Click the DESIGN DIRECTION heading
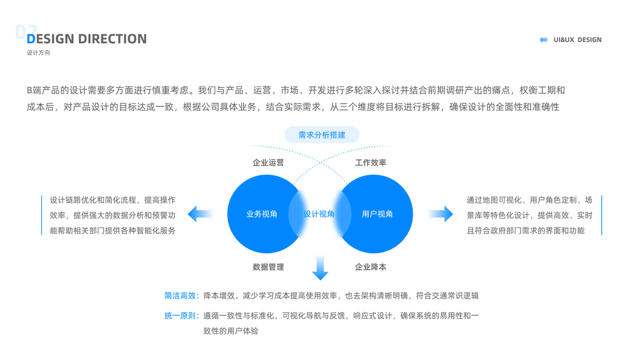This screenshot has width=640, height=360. coord(87,39)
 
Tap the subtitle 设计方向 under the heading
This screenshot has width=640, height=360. coord(38,53)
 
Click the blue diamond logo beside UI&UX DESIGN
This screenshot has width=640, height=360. coord(543,40)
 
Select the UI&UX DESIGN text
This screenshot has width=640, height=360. coord(577,40)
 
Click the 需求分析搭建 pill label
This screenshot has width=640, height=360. coord(322,135)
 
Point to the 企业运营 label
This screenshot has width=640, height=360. coord(268,163)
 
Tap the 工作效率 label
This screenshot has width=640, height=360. coord(371,163)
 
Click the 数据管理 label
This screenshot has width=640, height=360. coord(268,267)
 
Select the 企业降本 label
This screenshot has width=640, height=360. coord(371,267)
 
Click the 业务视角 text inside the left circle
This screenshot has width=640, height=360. coord(262,214)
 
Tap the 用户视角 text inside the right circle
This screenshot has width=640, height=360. coord(377,214)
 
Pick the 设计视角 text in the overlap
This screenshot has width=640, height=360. coord(319,214)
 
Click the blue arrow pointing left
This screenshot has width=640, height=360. coord(200,214)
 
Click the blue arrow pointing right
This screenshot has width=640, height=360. coord(441,214)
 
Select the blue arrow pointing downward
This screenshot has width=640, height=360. coord(320,268)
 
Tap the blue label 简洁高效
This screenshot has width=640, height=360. coord(181,296)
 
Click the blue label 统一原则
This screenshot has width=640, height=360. coord(181,316)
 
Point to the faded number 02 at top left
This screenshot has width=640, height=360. coord(26,31)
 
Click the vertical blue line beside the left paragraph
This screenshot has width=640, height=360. coord(42,215)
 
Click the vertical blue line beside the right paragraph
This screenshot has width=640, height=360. coord(601,215)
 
